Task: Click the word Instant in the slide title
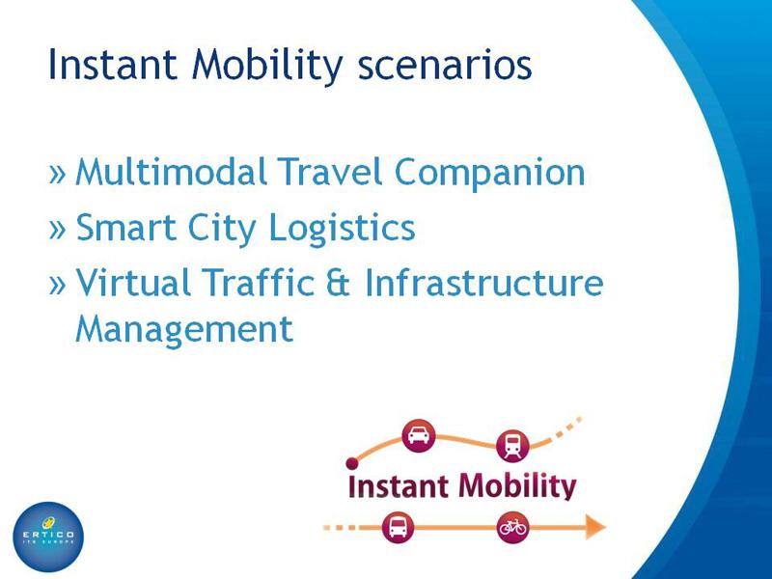[113, 64]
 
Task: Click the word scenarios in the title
[445, 65]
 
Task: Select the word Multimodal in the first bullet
[172, 172]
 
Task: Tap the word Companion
[490, 173]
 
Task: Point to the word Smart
[125, 228]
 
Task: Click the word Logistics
[343, 228]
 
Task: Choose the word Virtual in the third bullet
[133, 282]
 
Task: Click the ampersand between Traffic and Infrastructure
[337, 283]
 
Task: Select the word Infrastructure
[484, 282]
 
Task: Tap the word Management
[184, 329]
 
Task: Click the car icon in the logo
[419, 435]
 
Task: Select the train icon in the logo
[512, 446]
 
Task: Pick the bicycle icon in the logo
[512, 527]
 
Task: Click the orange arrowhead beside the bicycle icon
[595, 527]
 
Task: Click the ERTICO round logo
[48, 537]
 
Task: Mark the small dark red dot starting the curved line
[352, 463]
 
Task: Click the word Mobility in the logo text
[517, 486]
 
